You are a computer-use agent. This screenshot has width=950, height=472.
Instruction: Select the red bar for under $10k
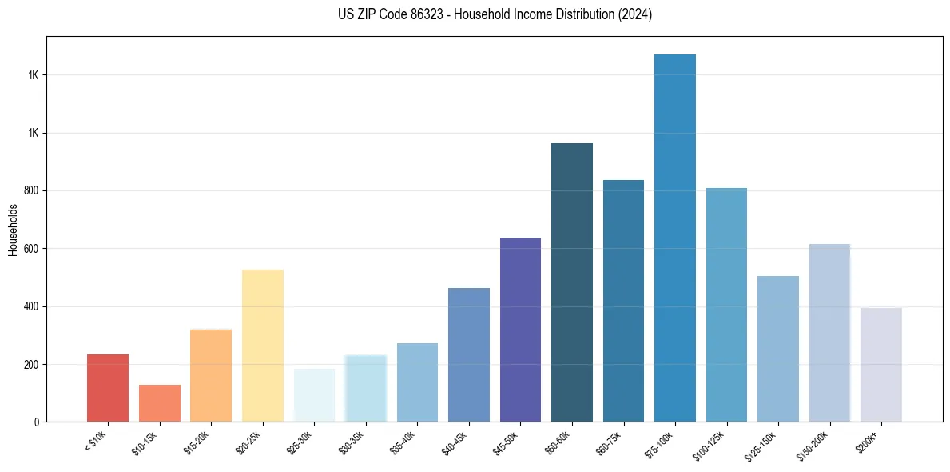(108, 388)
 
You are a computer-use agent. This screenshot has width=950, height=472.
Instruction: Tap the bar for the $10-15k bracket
(159, 403)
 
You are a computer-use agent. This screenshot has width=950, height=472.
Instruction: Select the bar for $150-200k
(829, 333)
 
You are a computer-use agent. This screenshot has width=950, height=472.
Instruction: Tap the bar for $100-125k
(726, 305)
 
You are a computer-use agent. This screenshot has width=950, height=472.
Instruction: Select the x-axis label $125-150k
(762, 444)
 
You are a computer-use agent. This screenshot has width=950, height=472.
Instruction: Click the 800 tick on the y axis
(31, 191)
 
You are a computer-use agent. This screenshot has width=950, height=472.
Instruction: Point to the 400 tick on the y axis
(31, 306)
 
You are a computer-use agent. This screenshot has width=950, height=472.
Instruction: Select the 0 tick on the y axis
(37, 422)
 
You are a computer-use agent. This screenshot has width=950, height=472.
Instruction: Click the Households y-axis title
(13, 229)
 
